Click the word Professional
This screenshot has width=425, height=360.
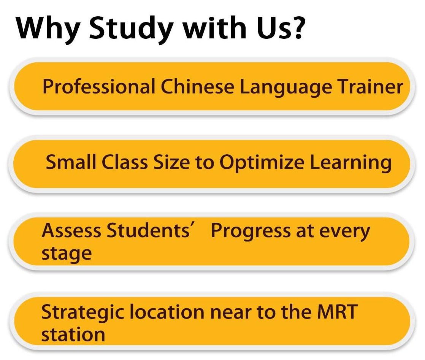(99, 87)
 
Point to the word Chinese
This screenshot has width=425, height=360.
(197, 87)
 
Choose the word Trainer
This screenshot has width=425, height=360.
(370, 87)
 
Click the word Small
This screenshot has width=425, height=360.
(71, 162)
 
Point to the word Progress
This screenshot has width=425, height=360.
(251, 232)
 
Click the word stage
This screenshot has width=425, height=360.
(67, 254)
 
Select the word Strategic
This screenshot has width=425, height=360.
(82, 313)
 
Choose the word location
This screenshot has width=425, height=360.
(167, 312)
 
